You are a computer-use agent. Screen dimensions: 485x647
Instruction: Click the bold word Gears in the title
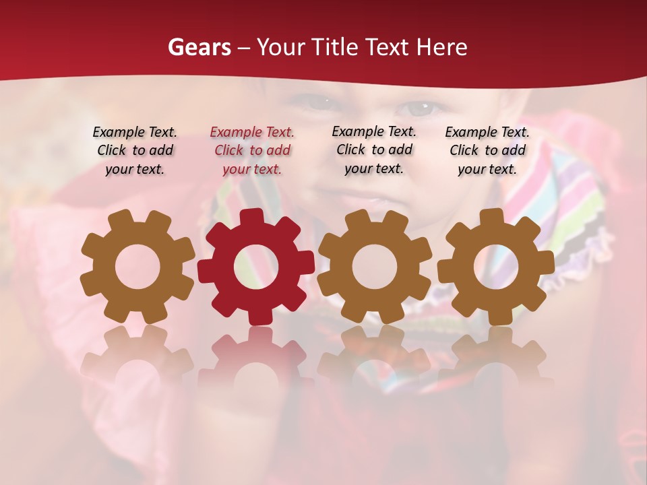click(199, 47)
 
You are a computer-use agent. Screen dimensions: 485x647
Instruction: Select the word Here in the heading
click(441, 47)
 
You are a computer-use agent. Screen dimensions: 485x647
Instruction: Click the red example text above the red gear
click(252, 150)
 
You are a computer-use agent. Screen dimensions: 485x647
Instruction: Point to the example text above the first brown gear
click(135, 150)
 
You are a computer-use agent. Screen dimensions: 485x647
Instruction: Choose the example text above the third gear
click(374, 150)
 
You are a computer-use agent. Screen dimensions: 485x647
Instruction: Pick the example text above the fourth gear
click(487, 150)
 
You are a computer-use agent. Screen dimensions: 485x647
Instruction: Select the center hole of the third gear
click(375, 266)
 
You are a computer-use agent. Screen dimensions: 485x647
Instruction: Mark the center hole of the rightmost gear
click(495, 267)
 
